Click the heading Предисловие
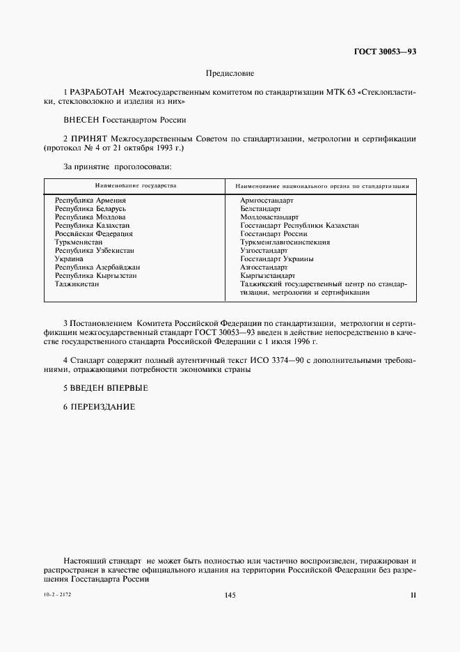tap(230, 73)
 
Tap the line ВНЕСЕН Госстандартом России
tap(125, 120)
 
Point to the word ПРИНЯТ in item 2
tap(89, 139)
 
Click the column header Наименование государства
tap(135, 186)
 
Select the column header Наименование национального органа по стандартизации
tap(321, 187)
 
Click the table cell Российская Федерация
tap(94, 234)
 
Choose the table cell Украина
tap(70, 259)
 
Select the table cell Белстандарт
tap(260, 209)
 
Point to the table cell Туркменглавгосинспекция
tap(285, 242)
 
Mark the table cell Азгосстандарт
tap(264, 267)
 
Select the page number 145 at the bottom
tap(230, 594)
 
